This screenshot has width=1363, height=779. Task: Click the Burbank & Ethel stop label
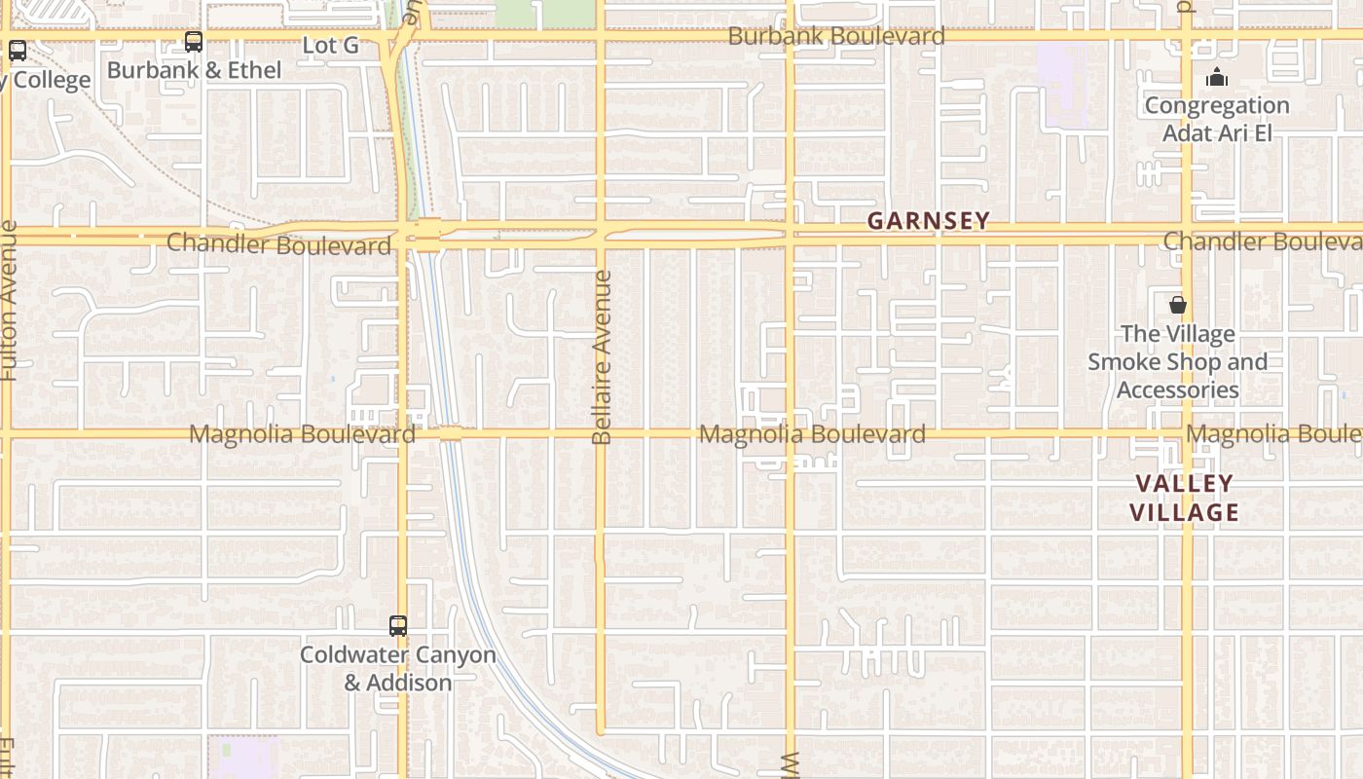[x=194, y=70]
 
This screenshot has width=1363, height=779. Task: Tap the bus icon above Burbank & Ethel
[x=194, y=42]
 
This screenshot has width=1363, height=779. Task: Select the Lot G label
[x=331, y=45]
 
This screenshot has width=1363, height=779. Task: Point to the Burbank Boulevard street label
[x=836, y=37]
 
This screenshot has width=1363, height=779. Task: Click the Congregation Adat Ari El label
[x=1217, y=119]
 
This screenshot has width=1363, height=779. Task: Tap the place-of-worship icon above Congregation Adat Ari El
[x=1217, y=78]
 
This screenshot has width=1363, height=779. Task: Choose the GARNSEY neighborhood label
[x=928, y=221]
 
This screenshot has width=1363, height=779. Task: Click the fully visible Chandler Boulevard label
[x=278, y=243]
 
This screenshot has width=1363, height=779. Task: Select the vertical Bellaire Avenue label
[x=602, y=357]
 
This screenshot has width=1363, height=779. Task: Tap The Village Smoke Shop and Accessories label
[x=1177, y=362]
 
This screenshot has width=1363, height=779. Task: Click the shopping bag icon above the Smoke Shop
[x=1178, y=305]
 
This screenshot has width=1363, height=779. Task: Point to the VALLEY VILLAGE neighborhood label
[x=1184, y=498]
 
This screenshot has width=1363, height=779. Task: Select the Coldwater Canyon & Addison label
[x=398, y=668]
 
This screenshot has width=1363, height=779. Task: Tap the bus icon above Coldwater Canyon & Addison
[x=398, y=626]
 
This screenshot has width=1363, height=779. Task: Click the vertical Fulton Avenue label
[x=9, y=300]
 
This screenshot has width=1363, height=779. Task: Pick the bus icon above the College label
[x=18, y=51]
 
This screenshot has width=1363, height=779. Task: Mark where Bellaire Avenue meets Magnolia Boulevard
[x=601, y=433]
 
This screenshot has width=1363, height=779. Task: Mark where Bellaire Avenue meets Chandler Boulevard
[x=601, y=232]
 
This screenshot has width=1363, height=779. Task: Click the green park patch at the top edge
[x=545, y=12]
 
